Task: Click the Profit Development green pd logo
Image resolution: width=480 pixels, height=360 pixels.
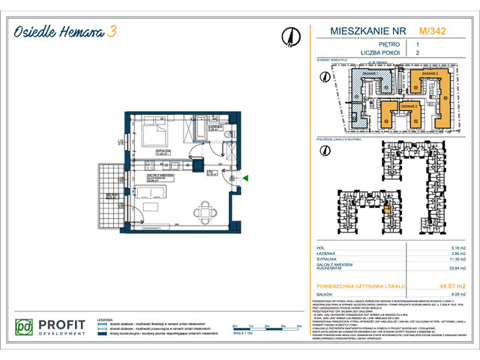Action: point(24,328)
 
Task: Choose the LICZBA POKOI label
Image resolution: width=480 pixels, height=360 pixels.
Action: point(355,54)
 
